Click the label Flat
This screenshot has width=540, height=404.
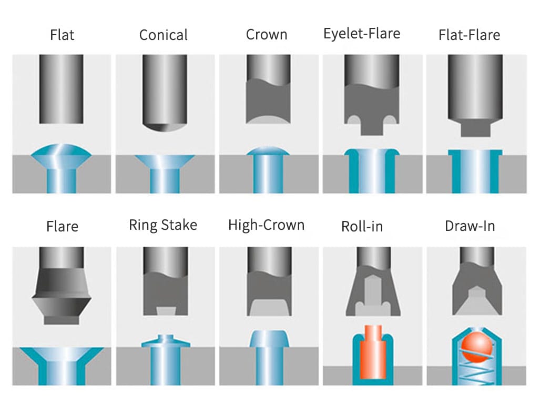(62, 35)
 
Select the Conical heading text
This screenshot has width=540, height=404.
(163, 35)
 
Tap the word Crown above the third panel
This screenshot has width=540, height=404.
(267, 35)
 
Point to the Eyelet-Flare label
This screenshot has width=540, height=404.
(362, 34)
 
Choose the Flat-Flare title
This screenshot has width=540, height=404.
(469, 35)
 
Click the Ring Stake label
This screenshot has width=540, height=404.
(163, 226)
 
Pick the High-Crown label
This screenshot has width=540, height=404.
(266, 226)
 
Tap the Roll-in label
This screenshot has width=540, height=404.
(362, 227)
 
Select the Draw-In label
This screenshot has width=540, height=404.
(470, 226)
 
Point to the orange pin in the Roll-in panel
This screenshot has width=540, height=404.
(373, 352)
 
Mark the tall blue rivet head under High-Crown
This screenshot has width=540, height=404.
(269, 340)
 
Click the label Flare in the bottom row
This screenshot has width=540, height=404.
(62, 227)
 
